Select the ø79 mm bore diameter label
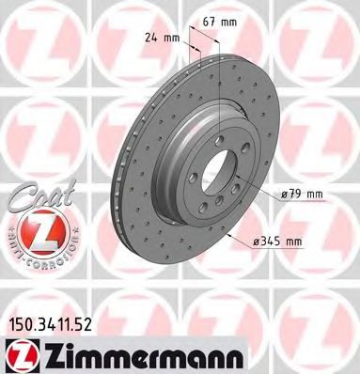tap(301, 195)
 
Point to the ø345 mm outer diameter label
tap(277, 242)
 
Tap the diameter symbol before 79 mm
tap(284, 195)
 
